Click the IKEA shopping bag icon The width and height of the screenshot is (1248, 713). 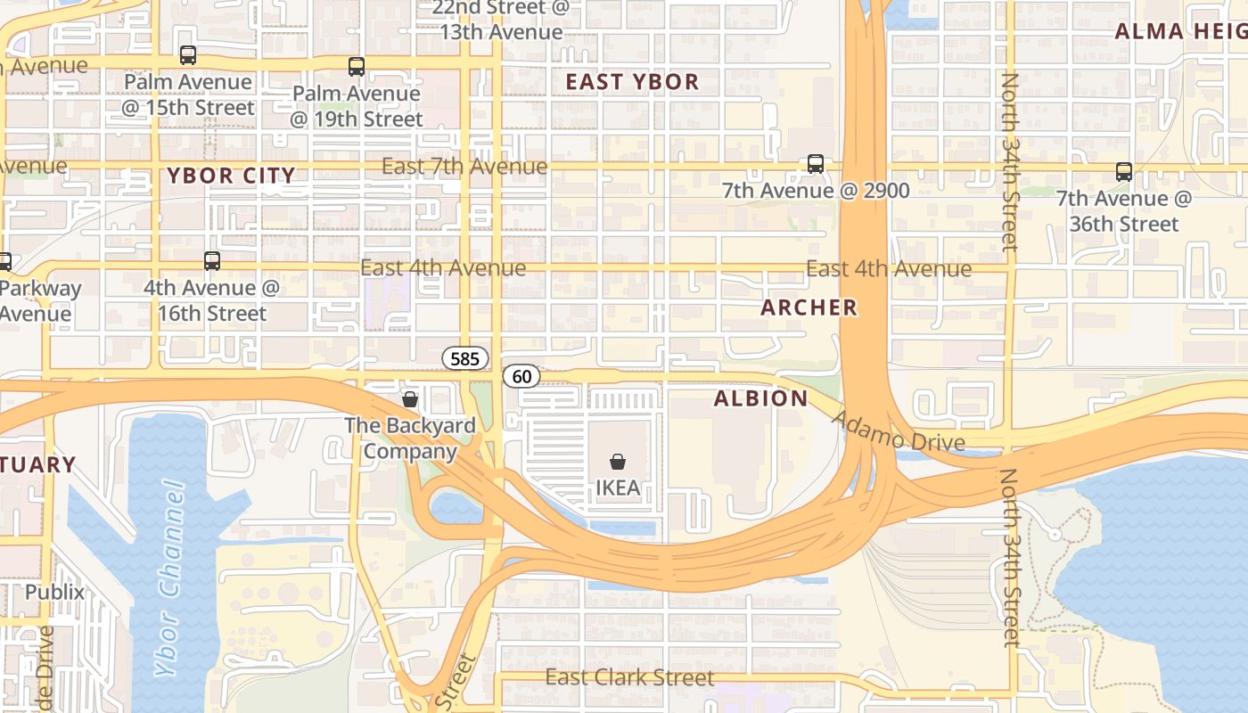click(x=617, y=462)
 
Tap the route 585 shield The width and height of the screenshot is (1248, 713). click(x=465, y=359)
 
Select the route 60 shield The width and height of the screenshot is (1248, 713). click(x=521, y=376)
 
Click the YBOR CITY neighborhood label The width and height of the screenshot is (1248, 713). click(x=231, y=176)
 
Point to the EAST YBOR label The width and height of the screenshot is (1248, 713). click(x=632, y=82)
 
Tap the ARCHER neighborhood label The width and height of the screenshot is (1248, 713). click(x=809, y=307)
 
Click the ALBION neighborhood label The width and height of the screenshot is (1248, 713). click(x=760, y=398)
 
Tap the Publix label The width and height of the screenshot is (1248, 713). click(x=54, y=592)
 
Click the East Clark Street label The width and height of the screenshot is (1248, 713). click(x=629, y=677)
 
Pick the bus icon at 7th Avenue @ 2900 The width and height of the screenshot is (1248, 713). click(x=816, y=164)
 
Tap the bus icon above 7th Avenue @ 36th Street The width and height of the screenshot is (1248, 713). click(x=1124, y=172)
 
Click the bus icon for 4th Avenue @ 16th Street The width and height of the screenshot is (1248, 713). click(x=212, y=261)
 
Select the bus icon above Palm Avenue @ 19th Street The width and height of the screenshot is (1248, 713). click(x=357, y=66)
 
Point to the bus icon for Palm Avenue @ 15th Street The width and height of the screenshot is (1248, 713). click(x=188, y=55)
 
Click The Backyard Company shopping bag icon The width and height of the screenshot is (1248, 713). click(x=410, y=399)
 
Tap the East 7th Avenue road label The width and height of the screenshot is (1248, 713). click(x=464, y=167)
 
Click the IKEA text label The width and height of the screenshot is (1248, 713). click(x=617, y=488)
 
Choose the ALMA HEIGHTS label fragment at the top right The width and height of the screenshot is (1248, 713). click(x=1179, y=32)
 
